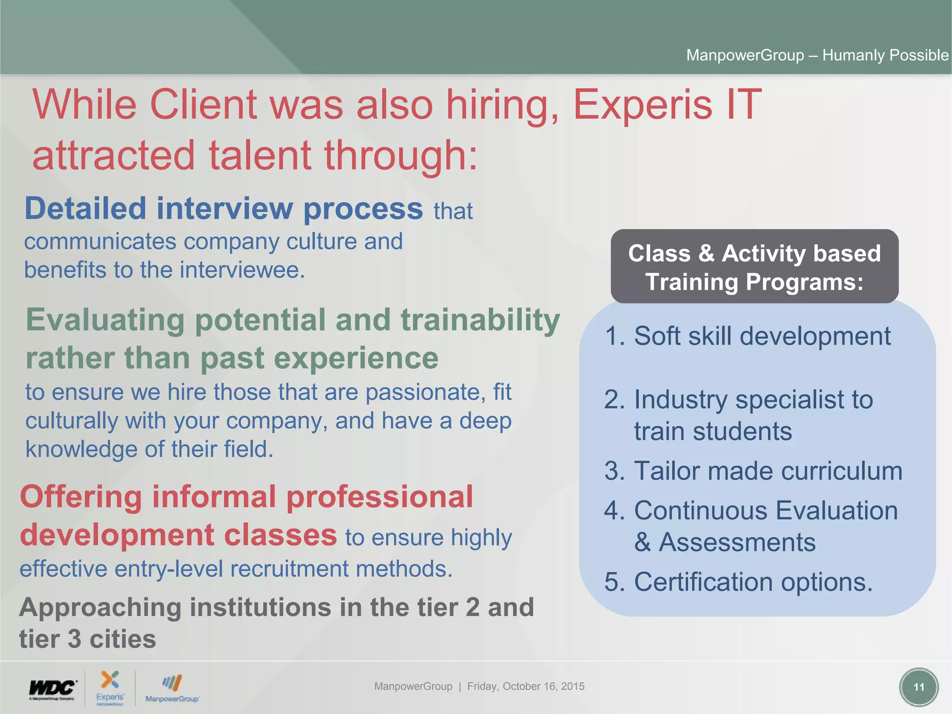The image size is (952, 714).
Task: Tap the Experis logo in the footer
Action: click(x=110, y=687)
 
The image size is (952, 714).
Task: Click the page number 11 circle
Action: click(x=919, y=687)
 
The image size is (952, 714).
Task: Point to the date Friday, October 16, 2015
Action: click(x=526, y=686)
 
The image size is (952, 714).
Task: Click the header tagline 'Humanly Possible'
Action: click(x=885, y=55)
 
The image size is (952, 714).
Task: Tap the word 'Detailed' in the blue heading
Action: click(x=86, y=209)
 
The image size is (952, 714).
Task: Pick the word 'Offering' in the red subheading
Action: click(x=81, y=497)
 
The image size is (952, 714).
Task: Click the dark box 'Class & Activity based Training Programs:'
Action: click(x=754, y=267)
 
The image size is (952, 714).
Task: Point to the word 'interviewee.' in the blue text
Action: click(x=242, y=270)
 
